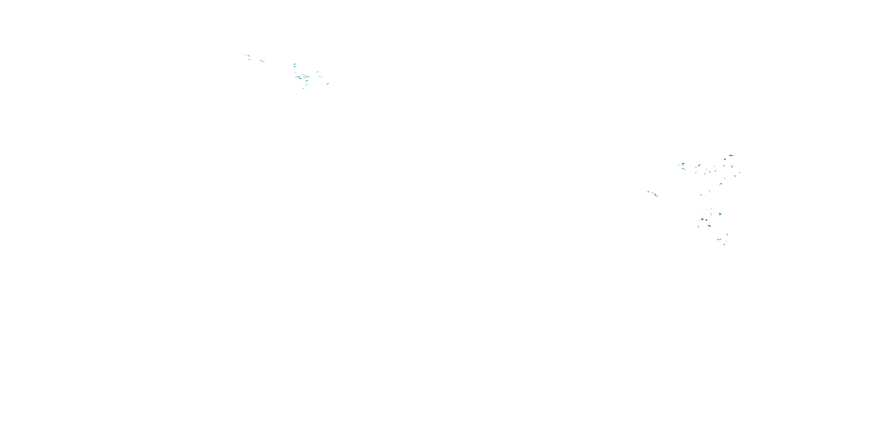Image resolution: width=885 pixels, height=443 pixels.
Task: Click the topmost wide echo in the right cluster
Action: click(731, 155)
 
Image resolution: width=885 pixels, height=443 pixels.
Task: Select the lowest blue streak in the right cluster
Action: click(724, 245)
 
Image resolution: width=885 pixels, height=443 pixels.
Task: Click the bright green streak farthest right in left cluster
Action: click(327, 84)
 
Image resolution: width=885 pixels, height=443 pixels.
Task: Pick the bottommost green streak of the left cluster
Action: click(303, 88)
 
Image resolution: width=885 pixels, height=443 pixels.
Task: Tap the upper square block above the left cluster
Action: click(294, 64)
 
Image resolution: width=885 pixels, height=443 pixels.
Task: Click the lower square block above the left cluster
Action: click(295, 66)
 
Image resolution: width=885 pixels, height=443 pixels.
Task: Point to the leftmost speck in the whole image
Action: click(244, 54)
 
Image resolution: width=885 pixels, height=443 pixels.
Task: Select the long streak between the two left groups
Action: click(263, 61)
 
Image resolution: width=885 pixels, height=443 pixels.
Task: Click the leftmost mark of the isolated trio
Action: click(648, 192)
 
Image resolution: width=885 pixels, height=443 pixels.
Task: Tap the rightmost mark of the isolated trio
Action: click(656, 195)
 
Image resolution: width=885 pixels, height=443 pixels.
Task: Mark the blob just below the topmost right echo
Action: click(725, 159)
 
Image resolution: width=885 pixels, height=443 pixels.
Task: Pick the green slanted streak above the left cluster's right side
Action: click(317, 72)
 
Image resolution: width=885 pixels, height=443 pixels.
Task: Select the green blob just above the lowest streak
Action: click(727, 235)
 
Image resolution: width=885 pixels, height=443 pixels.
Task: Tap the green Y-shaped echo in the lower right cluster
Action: click(720, 214)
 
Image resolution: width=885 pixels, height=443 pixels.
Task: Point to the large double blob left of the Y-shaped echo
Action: click(702, 219)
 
